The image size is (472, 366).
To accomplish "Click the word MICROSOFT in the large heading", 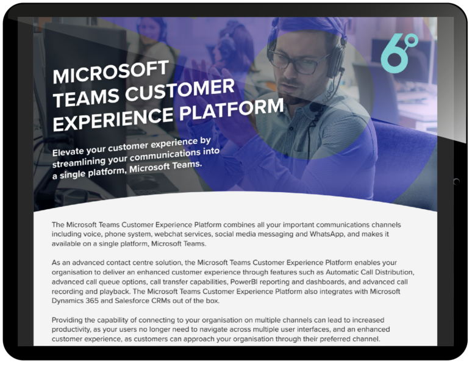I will pos(109,71).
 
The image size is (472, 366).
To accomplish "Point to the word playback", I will pos(106,292).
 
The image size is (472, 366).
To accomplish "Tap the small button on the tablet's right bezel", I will pos(456,181).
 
